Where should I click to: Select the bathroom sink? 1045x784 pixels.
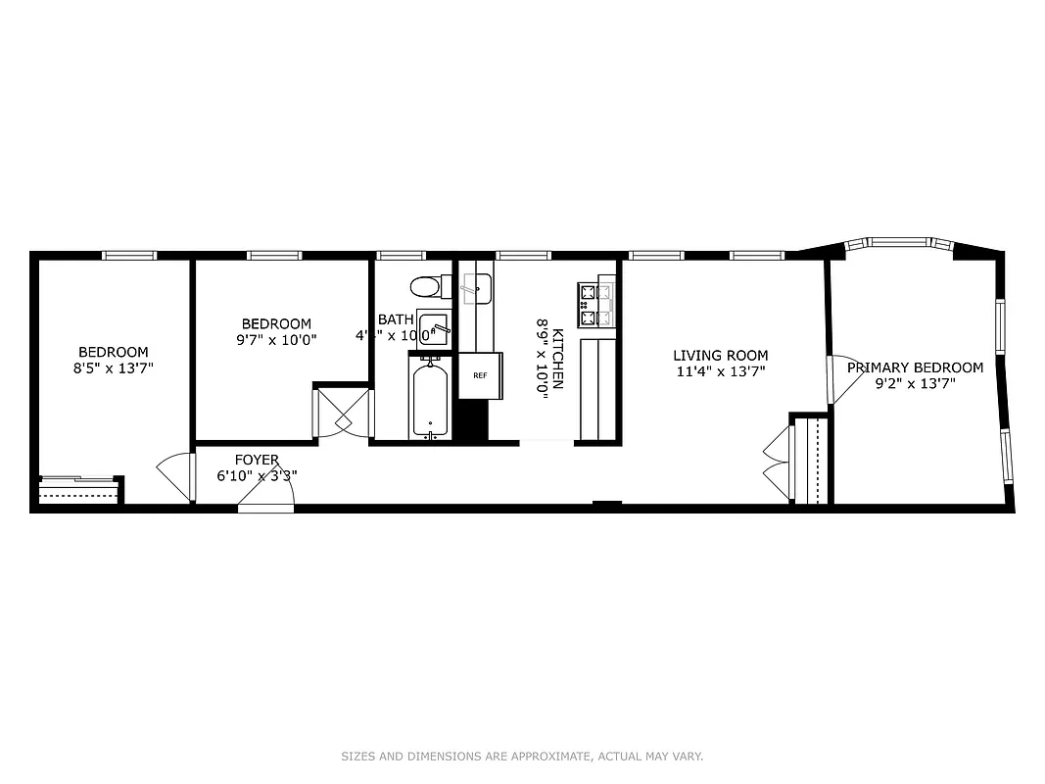(x=433, y=326)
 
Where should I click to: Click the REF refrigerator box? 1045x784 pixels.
(x=480, y=375)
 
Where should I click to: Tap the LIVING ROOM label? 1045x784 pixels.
(x=720, y=356)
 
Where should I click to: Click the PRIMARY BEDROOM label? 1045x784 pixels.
(x=915, y=367)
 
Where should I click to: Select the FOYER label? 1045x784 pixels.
(x=257, y=460)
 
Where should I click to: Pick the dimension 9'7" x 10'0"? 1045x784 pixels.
(x=276, y=340)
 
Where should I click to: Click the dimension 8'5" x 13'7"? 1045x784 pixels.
(x=114, y=368)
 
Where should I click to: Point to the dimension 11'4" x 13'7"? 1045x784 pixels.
(x=720, y=371)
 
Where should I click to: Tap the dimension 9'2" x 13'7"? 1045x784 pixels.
(x=915, y=383)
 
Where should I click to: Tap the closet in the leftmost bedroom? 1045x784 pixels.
(x=78, y=490)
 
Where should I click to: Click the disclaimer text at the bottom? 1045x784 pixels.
(x=522, y=757)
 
